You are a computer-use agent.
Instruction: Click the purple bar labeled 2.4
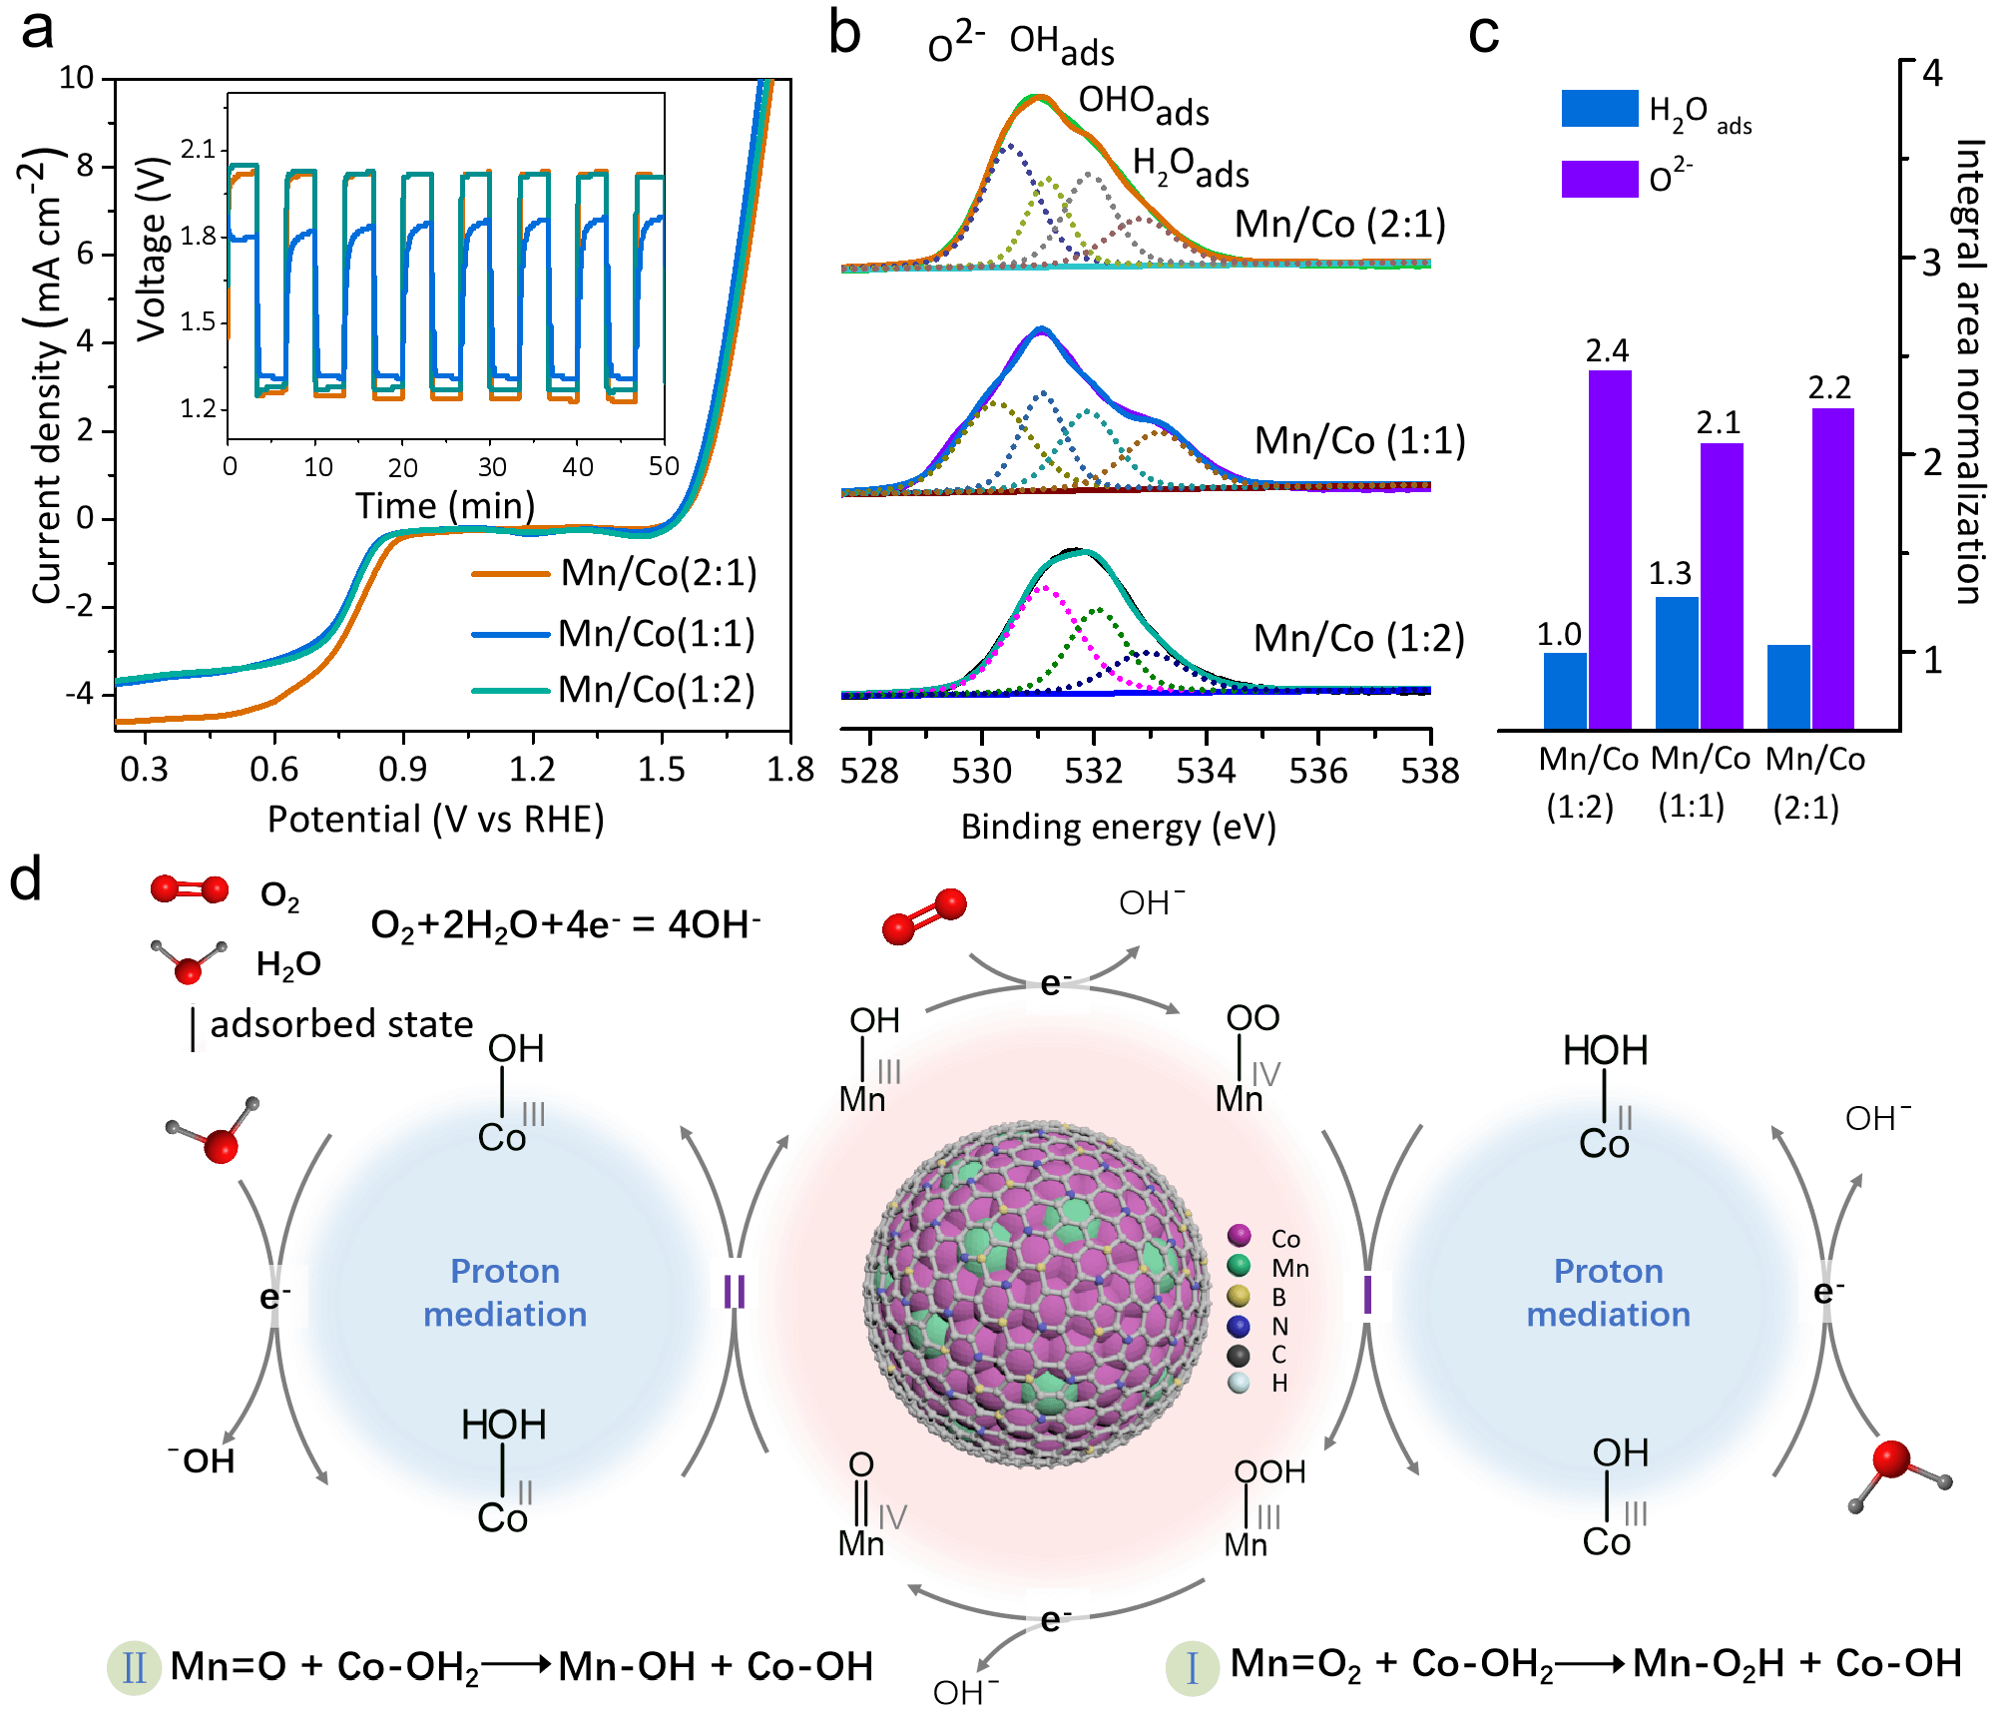pyautogui.click(x=1610, y=549)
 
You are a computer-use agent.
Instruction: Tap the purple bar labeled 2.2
pyautogui.click(x=1832, y=568)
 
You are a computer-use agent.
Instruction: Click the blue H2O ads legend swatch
pyautogui.click(x=1600, y=109)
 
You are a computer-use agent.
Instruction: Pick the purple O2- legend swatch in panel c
pyautogui.click(x=1600, y=179)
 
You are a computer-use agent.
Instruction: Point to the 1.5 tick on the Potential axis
pyautogui.click(x=661, y=770)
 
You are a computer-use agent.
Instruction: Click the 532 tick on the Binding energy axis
pyautogui.click(x=1094, y=771)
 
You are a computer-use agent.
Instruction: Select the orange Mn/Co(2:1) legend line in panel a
pyautogui.click(x=510, y=574)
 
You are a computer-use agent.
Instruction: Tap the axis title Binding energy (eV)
pyautogui.click(x=1118, y=828)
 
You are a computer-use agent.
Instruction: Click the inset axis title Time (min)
pyautogui.click(x=445, y=506)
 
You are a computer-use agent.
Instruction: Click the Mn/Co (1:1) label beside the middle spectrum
pyautogui.click(x=1359, y=440)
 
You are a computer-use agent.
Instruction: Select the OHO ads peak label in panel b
pyautogui.click(x=1143, y=105)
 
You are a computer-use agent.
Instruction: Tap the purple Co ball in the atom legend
pyautogui.click(x=1240, y=1236)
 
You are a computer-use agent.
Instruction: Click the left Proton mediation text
pyautogui.click(x=505, y=1293)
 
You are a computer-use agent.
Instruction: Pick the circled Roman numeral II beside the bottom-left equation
pyautogui.click(x=134, y=1667)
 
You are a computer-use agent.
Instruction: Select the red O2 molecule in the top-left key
pyautogui.click(x=190, y=888)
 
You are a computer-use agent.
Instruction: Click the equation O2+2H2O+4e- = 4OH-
pyautogui.click(x=565, y=925)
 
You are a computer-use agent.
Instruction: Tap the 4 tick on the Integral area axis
pyautogui.click(x=1933, y=73)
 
